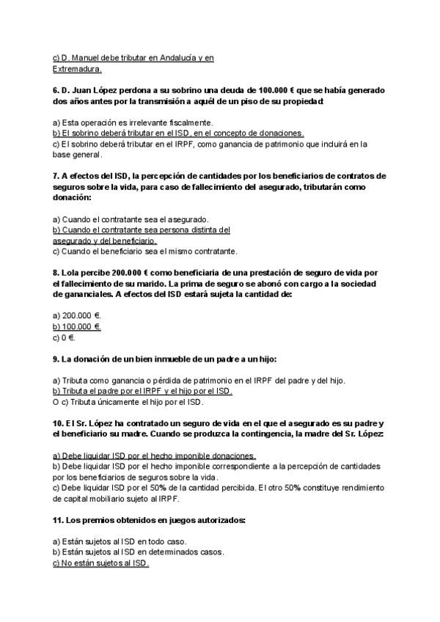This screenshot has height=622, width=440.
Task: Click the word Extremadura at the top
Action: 77,69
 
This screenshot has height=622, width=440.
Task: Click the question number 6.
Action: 56,90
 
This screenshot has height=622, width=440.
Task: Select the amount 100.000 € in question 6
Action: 278,90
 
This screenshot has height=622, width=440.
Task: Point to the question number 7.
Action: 56,176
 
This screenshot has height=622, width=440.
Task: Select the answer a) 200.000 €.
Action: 76,315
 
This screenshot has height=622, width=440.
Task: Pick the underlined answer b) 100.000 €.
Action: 76,326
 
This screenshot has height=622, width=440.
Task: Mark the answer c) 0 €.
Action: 64,337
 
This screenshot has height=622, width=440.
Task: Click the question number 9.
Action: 56,359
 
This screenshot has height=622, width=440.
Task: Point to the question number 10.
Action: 59,423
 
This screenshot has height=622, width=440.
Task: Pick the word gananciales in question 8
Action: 87,294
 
